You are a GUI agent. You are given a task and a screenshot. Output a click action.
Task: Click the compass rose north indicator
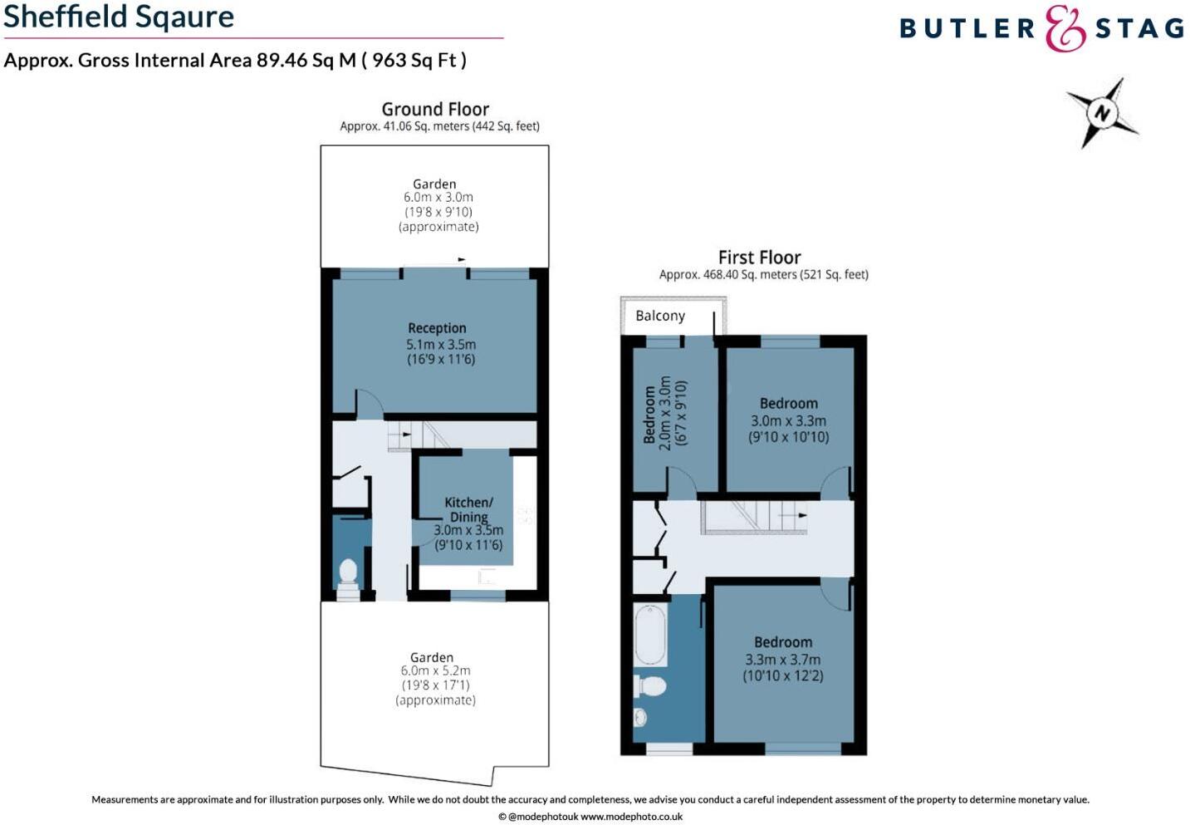[1101, 113]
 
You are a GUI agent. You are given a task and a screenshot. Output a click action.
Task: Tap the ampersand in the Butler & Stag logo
[1065, 29]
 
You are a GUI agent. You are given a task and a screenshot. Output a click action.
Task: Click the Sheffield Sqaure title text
[119, 17]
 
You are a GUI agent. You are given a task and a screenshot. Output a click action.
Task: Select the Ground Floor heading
[435, 109]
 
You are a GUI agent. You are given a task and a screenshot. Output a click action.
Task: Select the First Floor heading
[759, 258]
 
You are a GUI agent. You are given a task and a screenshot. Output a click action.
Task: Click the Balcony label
[660, 316]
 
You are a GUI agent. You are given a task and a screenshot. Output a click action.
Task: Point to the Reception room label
[437, 328]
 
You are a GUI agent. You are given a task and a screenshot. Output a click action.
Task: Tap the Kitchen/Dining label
[468, 509]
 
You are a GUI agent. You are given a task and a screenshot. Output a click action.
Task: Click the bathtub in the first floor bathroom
[650, 634]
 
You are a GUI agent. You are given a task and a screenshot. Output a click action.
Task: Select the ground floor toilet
[348, 573]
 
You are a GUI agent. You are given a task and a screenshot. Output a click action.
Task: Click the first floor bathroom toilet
[650, 686]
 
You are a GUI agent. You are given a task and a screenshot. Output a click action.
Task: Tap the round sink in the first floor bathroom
[642, 716]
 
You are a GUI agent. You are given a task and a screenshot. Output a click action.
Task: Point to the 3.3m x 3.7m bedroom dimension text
[782, 660]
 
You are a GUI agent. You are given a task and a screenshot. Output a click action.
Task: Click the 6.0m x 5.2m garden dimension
[435, 670]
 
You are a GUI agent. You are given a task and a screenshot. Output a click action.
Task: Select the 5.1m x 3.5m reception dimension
[441, 344]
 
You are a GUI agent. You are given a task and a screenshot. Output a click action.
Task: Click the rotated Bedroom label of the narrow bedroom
[649, 414]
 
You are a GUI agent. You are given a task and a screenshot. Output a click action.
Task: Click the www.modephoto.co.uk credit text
[631, 817]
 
